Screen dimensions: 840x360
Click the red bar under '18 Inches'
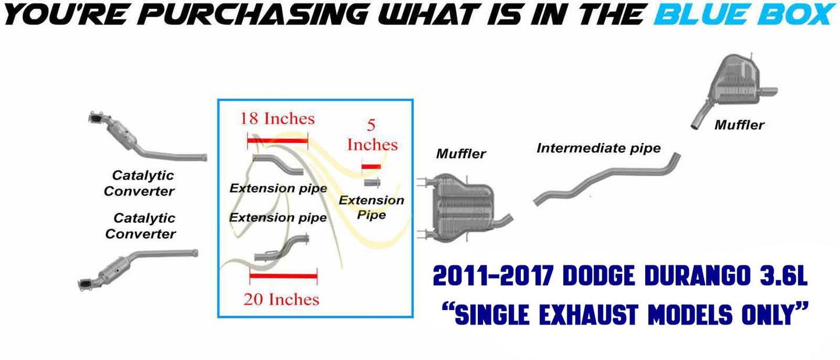click(x=277, y=141)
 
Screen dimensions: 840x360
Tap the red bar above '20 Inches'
click(x=284, y=276)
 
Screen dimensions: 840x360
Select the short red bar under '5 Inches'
click(x=371, y=166)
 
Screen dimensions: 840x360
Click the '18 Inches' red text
click(x=277, y=119)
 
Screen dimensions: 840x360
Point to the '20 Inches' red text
click(x=281, y=300)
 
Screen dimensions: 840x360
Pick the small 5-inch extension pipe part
click(x=372, y=183)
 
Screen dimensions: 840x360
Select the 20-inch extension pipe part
click(x=282, y=248)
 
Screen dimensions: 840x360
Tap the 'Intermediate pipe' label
click(x=599, y=148)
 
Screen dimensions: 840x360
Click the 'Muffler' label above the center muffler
click(x=461, y=154)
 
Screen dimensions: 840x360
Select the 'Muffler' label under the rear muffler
click(x=739, y=125)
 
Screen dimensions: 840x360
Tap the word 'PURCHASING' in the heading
click(x=255, y=15)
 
